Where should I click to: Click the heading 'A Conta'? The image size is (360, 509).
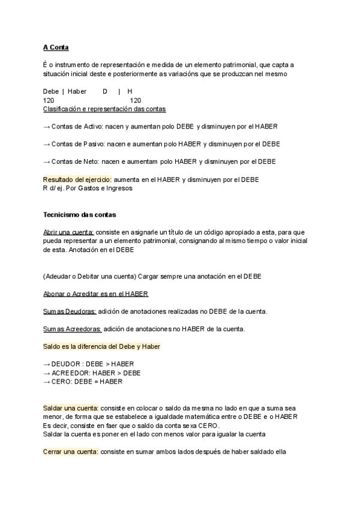pos(56,47)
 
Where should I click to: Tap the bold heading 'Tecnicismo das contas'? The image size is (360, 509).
pos(80,214)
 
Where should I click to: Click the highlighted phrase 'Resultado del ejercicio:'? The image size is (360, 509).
pos(77,179)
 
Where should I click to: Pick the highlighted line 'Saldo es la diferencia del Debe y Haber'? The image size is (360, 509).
pos(101,346)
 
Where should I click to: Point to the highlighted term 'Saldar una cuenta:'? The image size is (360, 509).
pos(71,408)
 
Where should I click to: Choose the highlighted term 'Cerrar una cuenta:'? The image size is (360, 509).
pos(71,452)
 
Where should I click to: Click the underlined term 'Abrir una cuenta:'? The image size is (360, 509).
pos(68,232)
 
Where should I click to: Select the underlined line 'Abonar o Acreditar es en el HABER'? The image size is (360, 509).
pos(95,294)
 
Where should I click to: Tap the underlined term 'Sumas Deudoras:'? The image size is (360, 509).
pos(70,312)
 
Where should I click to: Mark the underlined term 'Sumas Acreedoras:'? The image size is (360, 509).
pos(72,329)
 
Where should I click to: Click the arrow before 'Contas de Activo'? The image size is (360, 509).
pos(47,127)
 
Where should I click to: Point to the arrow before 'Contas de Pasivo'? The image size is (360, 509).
pos(47,144)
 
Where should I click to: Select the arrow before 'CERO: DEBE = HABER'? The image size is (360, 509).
pos(47,381)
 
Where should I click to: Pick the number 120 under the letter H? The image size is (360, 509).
pos(136,100)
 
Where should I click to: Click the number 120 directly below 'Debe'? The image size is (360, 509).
pos(49,100)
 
